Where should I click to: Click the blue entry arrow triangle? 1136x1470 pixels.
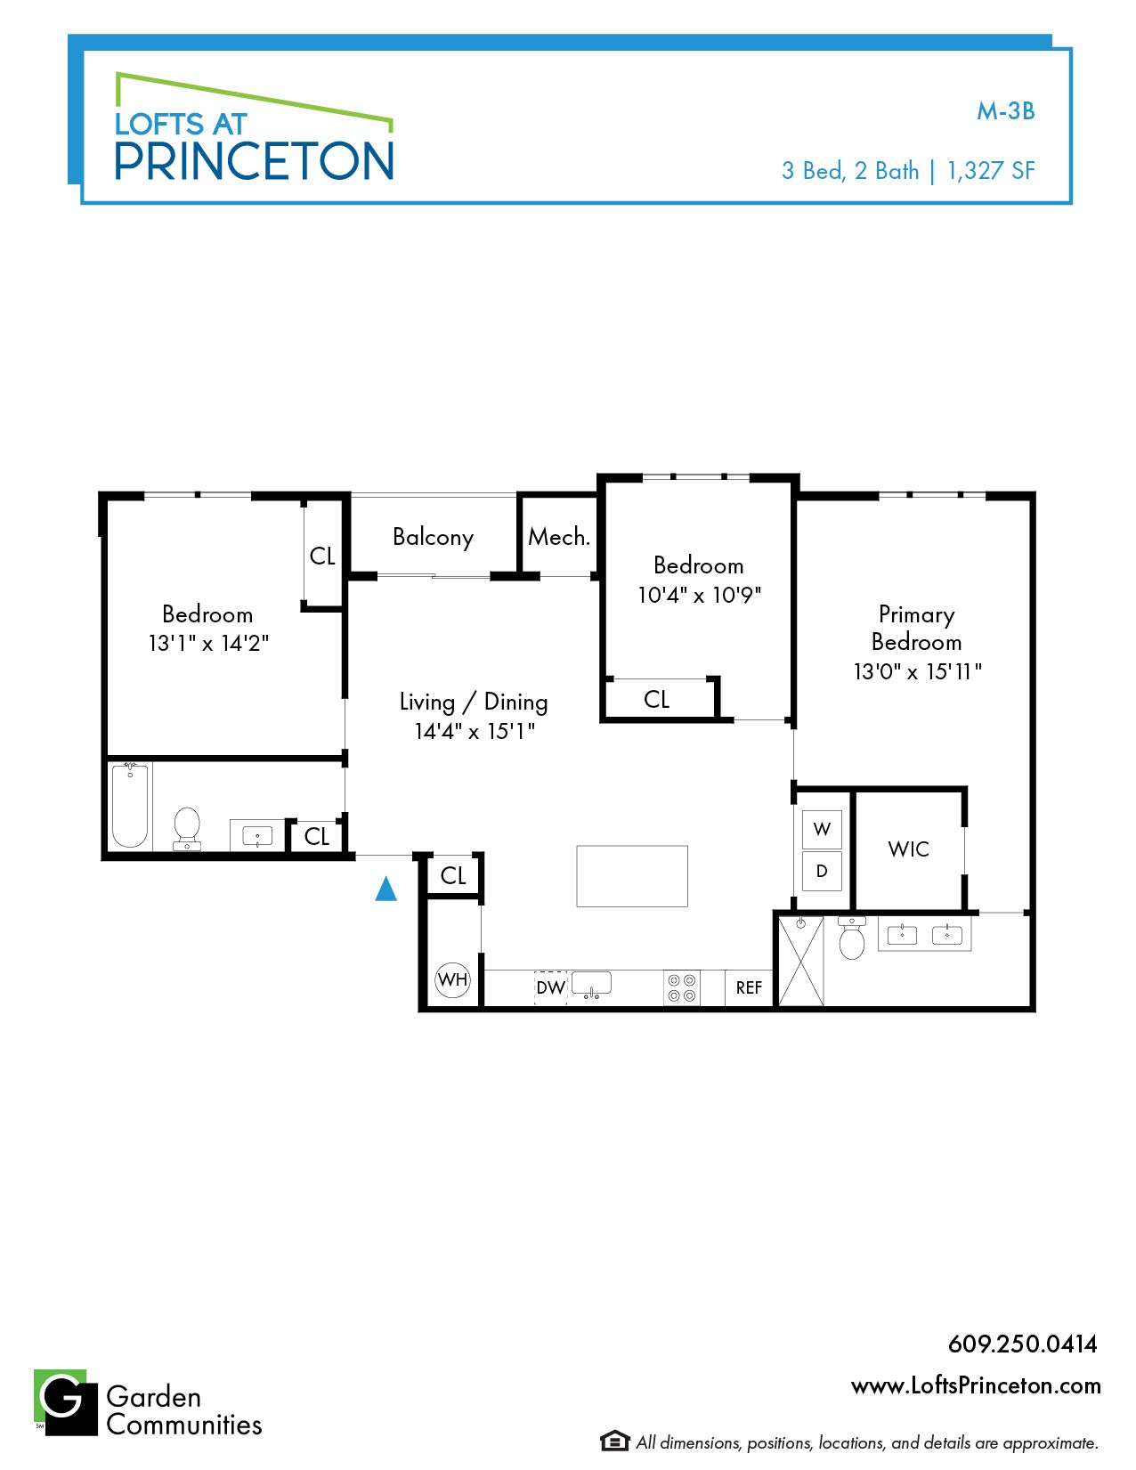tap(385, 889)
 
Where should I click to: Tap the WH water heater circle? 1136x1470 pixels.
tap(452, 979)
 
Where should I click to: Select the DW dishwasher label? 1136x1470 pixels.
tap(550, 987)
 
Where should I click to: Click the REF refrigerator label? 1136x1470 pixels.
tap(749, 987)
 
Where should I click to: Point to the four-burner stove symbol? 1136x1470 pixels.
tap(682, 987)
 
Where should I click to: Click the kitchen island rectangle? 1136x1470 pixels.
tap(631, 876)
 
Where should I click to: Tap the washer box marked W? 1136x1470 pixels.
tap(822, 829)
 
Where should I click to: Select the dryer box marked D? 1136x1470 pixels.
tap(822, 871)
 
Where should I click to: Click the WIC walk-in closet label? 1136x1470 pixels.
tap(908, 849)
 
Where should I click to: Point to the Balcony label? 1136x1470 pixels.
tap(433, 537)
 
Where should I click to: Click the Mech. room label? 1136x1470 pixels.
tap(558, 537)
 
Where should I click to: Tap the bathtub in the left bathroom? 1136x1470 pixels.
tap(130, 805)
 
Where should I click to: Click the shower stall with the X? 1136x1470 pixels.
tap(800, 961)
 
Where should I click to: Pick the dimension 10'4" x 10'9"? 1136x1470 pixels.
tap(699, 595)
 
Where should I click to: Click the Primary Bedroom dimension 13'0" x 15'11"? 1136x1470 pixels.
tap(917, 671)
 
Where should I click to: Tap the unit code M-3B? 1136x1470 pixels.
tap(1005, 111)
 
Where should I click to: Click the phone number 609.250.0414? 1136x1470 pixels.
tap(1022, 1344)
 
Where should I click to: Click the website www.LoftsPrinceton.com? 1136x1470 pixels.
tap(975, 1385)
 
